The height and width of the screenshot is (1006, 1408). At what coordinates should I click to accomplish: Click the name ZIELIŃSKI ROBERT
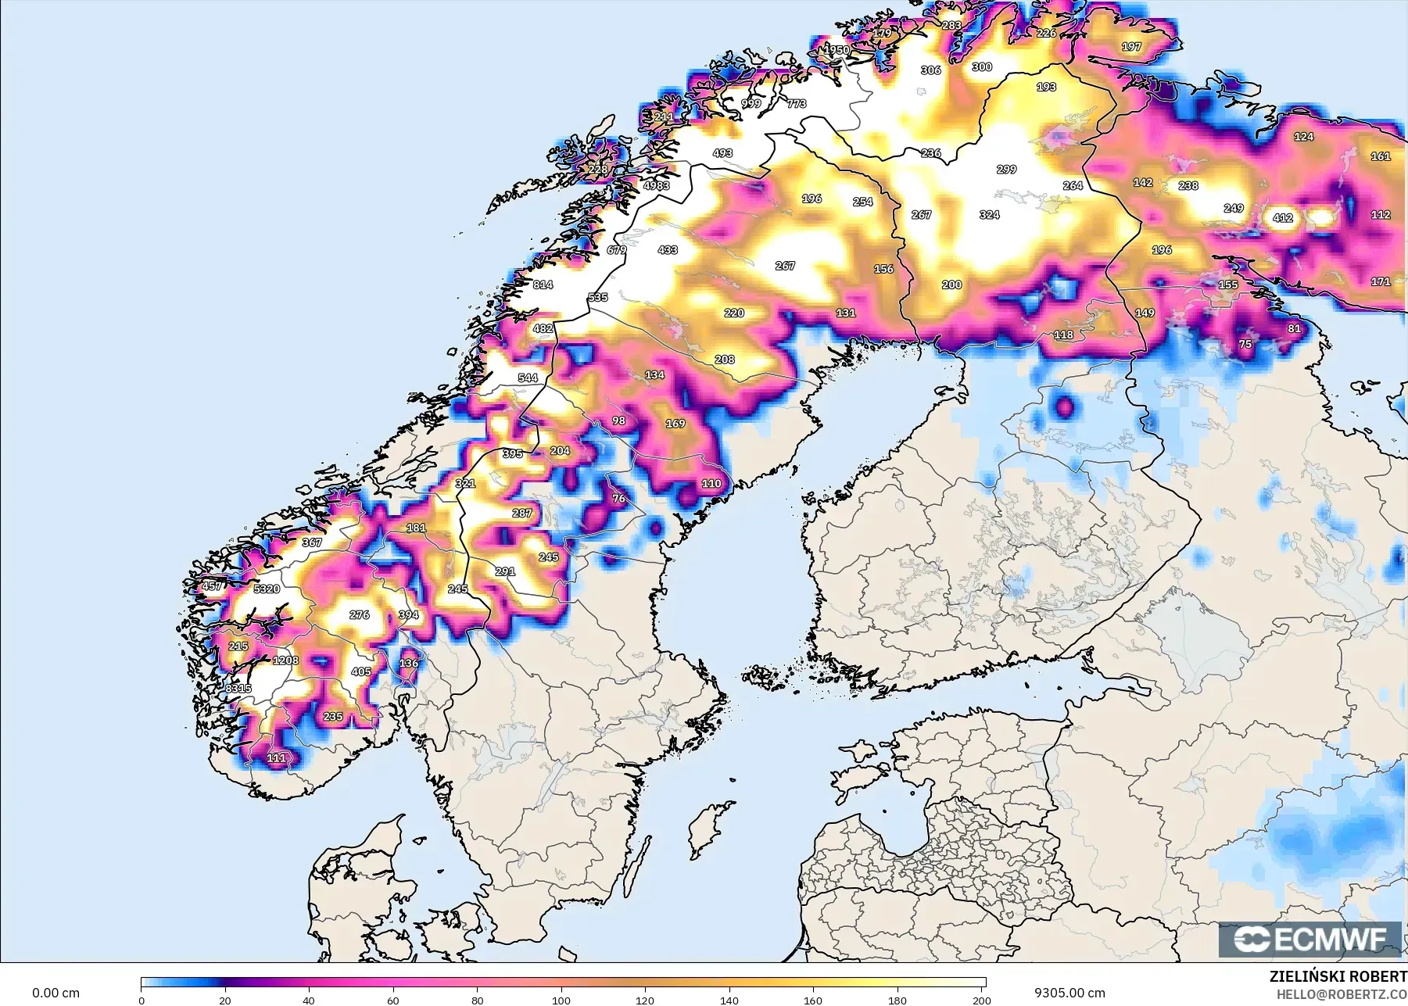pyautogui.click(x=1338, y=977)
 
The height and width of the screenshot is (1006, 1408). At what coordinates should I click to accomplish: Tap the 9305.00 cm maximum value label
pyautogui.click(x=1069, y=993)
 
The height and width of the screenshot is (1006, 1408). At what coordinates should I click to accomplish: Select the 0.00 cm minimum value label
pyautogui.click(x=56, y=993)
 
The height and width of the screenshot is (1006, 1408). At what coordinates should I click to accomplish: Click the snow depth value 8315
pyautogui.click(x=238, y=689)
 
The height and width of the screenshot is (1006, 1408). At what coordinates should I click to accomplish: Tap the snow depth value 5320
pyautogui.click(x=266, y=589)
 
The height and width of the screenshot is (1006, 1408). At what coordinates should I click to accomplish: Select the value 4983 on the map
pyautogui.click(x=656, y=185)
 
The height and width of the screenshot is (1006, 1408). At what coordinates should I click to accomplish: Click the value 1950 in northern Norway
pyautogui.click(x=837, y=50)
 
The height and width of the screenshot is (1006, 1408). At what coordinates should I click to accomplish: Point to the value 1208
pyautogui.click(x=285, y=661)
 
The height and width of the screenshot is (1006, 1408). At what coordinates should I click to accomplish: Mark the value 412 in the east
pyautogui.click(x=1282, y=218)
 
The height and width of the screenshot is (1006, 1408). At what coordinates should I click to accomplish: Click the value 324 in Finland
pyautogui.click(x=989, y=214)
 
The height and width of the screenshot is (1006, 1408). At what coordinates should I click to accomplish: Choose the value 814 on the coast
pyautogui.click(x=543, y=285)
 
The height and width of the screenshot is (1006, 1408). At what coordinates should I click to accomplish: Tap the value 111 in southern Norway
pyautogui.click(x=276, y=757)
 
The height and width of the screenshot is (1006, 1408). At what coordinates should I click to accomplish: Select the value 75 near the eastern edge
pyautogui.click(x=1245, y=344)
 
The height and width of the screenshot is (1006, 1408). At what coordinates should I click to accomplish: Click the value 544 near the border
pyautogui.click(x=528, y=378)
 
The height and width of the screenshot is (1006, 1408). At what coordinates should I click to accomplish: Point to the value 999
pyautogui.click(x=751, y=103)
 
